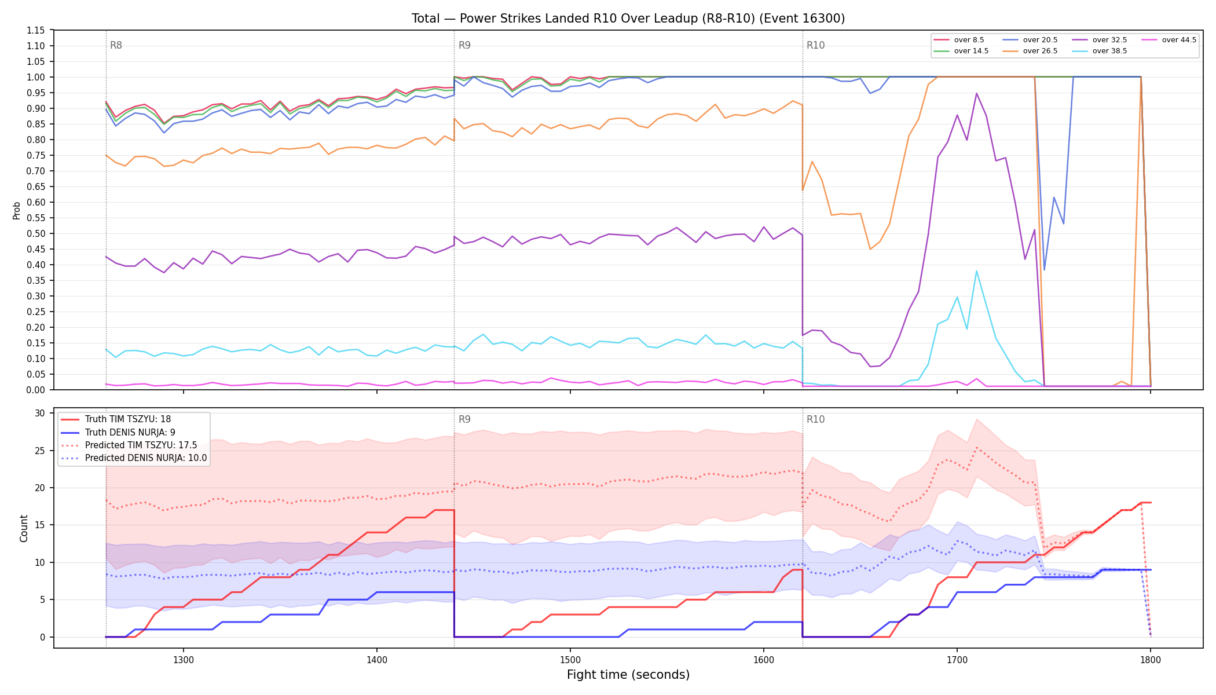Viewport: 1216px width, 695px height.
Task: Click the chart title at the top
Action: tap(628, 19)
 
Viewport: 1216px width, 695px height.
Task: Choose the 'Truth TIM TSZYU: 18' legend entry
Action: tap(116, 419)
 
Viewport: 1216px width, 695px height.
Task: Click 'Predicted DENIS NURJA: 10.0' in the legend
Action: tap(134, 458)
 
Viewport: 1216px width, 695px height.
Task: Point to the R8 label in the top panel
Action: tap(116, 45)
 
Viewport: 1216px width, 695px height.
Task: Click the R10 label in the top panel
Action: tap(815, 45)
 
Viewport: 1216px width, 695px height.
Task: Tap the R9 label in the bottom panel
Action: tap(464, 419)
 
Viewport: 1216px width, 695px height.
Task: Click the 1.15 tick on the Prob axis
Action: tap(36, 30)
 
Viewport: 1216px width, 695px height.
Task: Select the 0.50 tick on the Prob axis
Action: tap(36, 233)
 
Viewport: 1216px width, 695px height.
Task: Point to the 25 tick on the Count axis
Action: tap(40, 451)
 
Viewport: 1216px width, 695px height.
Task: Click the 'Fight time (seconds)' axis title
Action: tap(628, 675)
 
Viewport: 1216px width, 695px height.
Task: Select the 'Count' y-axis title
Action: tap(24, 528)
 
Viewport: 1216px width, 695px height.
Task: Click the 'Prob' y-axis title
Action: tap(16, 210)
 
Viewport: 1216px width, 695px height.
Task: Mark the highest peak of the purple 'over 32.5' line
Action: tap(976, 93)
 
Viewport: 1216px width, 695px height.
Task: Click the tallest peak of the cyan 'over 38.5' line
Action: tap(976, 271)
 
